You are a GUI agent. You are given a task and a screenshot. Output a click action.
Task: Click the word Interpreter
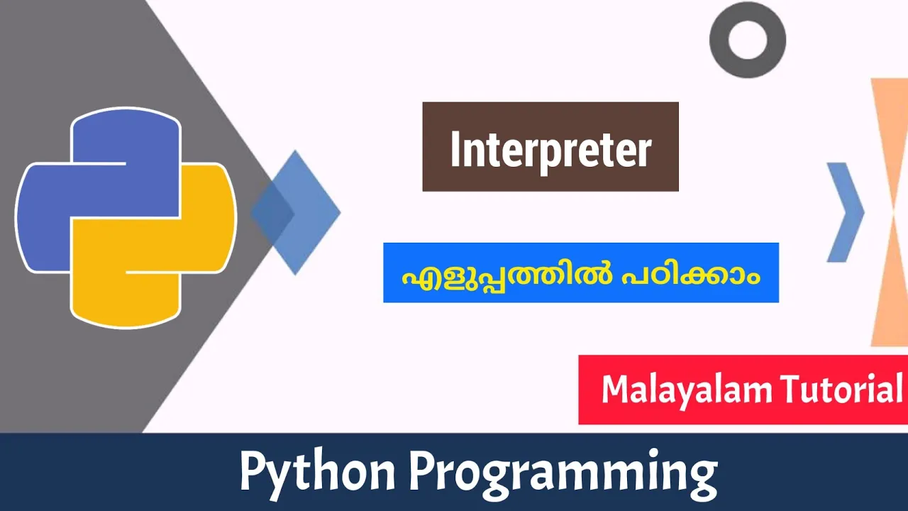[x=550, y=150]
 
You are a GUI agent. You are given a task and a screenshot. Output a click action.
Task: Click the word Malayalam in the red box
[x=687, y=390]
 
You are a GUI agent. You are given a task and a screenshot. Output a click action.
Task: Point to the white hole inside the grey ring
[x=748, y=40]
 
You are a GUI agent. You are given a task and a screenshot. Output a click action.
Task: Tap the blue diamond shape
[x=308, y=212]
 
